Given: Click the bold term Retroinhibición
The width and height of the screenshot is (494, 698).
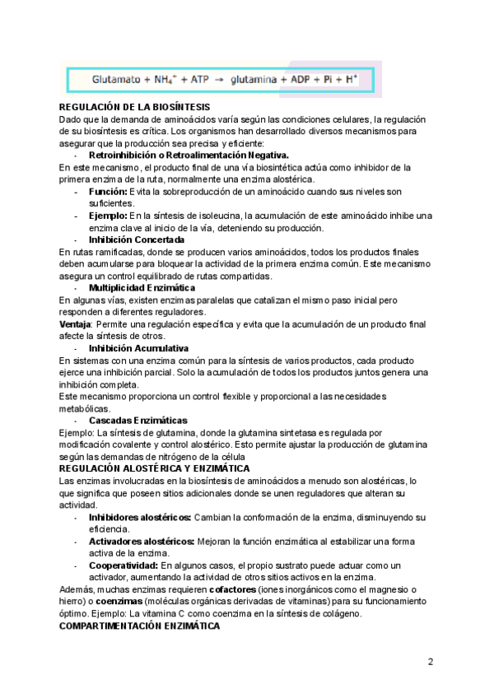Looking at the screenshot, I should point(123,155).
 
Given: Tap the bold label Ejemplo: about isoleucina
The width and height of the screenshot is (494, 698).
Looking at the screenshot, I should point(109,216).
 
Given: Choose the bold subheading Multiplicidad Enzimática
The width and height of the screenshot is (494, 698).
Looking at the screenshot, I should point(142,288).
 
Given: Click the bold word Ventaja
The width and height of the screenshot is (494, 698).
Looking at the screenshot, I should point(76,324).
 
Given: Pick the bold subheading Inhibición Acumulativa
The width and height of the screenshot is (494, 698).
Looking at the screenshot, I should point(139,348).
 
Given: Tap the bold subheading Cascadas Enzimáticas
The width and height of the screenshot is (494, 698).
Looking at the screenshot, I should point(137,421).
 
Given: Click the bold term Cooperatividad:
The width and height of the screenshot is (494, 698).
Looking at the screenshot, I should point(123,565).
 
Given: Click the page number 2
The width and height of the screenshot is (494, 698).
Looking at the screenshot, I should point(430,663).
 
